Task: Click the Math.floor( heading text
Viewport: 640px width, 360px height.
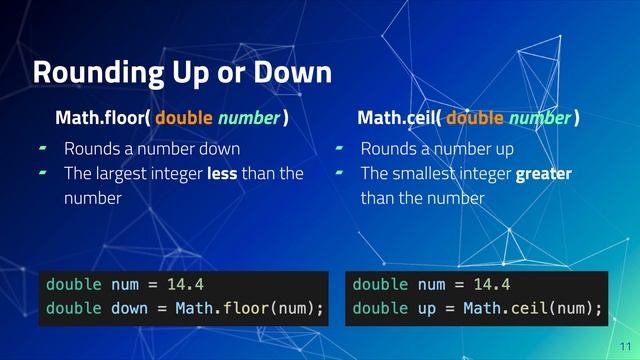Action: (x=103, y=120)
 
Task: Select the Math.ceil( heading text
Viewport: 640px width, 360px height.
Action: (x=400, y=120)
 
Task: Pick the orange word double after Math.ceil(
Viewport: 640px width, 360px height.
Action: (x=476, y=120)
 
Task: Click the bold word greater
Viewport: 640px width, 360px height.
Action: (x=543, y=174)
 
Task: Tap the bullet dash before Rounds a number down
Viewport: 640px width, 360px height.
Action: (x=42, y=150)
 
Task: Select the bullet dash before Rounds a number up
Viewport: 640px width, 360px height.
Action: (x=340, y=150)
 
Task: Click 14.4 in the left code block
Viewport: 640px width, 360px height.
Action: (x=185, y=283)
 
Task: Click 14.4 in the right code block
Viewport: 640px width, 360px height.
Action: (x=491, y=283)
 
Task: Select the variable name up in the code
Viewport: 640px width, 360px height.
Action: (x=425, y=307)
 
